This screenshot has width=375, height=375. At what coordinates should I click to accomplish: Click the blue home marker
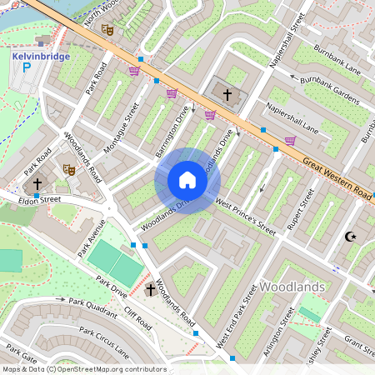tap(187, 180)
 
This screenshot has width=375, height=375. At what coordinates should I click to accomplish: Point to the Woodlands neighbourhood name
tap(291, 287)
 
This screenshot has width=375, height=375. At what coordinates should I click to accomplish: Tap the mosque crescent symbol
tap(351, 237)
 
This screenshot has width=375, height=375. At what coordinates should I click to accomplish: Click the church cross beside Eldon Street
tap(37, 182)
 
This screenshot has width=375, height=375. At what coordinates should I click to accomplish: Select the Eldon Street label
tap(41, 200)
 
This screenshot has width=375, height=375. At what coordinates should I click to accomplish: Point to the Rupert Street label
tap(293, 212)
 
